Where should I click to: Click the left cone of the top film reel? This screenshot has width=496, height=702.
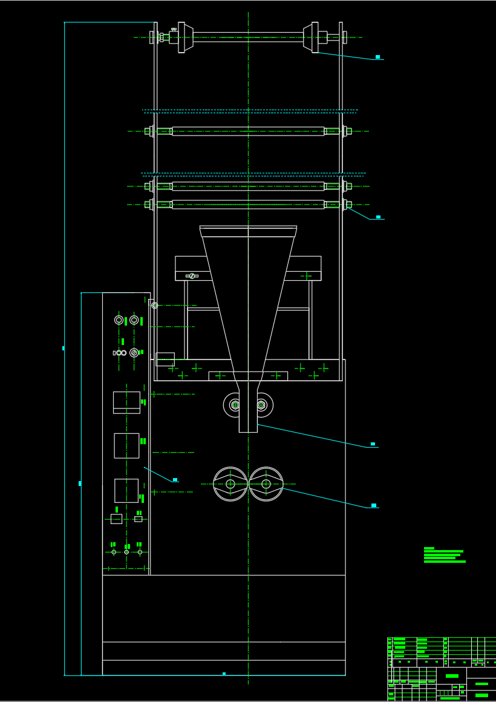pos(188,38)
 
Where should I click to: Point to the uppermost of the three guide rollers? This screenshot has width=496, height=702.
pos(248,131)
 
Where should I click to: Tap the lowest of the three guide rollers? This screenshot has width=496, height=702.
pos(248,205)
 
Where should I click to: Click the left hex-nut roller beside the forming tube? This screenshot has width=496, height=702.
pos(235,405)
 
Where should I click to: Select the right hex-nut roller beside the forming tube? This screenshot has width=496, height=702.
pos(261,405)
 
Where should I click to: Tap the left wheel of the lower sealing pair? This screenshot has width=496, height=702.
pos(230,484)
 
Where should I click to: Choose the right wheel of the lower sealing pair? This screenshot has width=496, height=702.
pos(266,484)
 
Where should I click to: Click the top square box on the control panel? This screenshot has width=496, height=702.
pos(126,402)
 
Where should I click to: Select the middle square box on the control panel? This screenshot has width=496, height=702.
pos(126,445)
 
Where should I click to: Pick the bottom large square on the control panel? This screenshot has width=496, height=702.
pos(126,490)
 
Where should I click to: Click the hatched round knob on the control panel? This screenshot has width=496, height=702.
pos(134,353)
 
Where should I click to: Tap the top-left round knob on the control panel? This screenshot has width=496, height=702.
pos(119,320)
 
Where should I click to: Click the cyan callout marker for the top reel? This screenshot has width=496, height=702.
pos(377,57)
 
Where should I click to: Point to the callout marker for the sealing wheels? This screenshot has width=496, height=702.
pos(374,505)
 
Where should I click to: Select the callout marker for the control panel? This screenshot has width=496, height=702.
pos(175,480)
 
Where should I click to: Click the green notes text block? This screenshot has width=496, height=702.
pos(445,555)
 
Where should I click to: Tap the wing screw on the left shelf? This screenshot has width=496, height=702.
pos(192,276)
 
